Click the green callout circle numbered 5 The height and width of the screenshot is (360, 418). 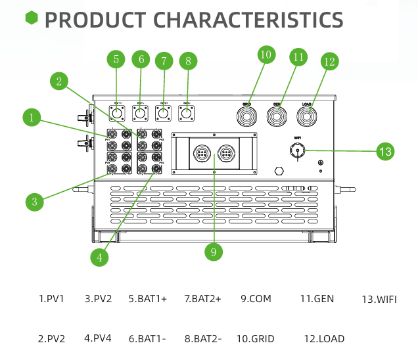coord(116,59)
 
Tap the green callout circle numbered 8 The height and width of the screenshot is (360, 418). coord(188,62)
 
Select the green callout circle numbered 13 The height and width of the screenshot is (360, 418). coord(386,151)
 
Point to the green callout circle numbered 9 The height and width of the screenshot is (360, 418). coord(214,251)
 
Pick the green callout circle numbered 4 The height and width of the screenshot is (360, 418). coord(99,257)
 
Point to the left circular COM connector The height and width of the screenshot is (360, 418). coord(201,154)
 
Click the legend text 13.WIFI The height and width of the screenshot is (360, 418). coord(379,299)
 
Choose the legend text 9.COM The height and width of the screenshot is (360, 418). coord(256,298)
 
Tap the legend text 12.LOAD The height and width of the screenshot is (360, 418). coord(324,339)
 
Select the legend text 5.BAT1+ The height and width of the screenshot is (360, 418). coord(148,298)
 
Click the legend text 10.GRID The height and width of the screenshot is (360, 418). coord(256,339)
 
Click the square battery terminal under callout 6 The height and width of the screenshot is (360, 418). coord(141,114)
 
